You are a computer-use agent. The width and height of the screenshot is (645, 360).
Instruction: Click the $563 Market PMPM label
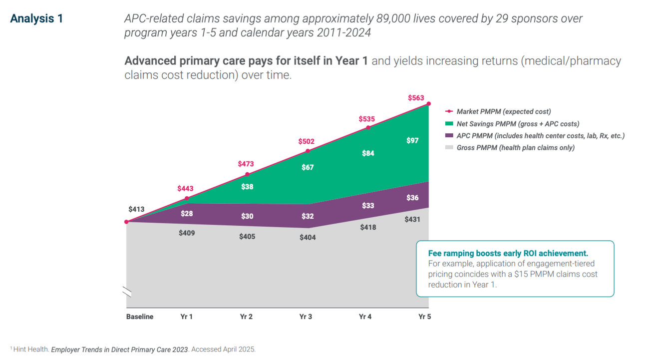(416, 98)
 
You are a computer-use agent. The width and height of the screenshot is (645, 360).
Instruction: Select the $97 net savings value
(412, 141)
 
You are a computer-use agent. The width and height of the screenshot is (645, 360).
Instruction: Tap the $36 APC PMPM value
(412, 198)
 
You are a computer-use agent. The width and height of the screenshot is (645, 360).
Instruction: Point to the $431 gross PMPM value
(412, 219)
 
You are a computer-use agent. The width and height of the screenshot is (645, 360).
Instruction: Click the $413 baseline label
(136, 209)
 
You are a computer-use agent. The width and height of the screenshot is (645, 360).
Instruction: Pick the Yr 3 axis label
(306, 317)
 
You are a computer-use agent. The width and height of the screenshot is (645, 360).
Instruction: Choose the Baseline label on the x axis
(140, 317)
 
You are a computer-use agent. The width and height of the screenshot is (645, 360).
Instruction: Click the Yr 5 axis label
(424, 317)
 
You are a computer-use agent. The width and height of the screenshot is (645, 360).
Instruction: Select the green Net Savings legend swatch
(449, 124)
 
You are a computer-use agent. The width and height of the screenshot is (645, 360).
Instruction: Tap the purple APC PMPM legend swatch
(449, 136)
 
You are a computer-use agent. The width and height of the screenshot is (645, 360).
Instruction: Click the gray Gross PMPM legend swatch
(449, 148)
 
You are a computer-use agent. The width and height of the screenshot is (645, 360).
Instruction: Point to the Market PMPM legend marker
(449, 112)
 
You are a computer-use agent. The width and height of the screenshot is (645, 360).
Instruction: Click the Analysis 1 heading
(36, 19)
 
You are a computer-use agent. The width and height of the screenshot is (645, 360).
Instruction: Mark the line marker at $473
(247, 175)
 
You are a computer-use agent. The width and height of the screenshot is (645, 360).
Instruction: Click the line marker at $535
(368, 128)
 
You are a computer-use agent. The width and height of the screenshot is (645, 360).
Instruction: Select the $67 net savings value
(308, 167)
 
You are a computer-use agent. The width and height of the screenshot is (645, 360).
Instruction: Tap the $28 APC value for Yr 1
(187, 214)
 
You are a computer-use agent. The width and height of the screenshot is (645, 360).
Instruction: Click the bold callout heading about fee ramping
(508, 254)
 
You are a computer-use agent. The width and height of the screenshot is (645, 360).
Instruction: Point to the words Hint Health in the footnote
(31, 350)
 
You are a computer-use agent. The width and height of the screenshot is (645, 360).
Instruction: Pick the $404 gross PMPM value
(308, 238)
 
